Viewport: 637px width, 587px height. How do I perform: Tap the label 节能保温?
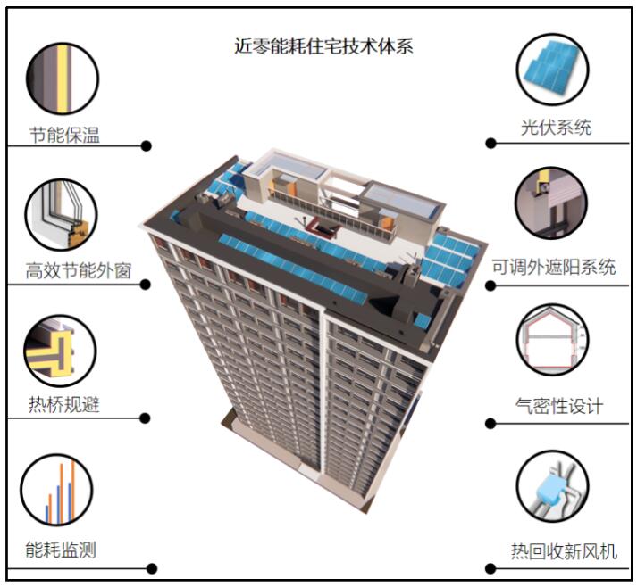pyautogui.click(x=63, y=136)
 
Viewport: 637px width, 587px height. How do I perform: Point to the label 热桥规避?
pyautogui.click(x=63, y=404)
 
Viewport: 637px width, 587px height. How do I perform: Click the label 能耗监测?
pyautogui.click(x=61, y=550)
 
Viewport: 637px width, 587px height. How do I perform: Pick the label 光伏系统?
pyautogui.click(x=557, y=127)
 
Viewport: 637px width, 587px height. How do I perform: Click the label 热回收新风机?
pyautogui.click(x=564, y=550)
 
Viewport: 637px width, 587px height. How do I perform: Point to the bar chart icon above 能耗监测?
pyautogui.click(x=59, y=492)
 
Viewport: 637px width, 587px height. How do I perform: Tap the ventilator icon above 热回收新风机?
pyautogui.click(x=552, y=486)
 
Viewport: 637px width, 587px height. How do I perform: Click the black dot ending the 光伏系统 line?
pyautogui.click(x=490, y=143)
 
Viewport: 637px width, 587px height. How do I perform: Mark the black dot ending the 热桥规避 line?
pyautogui.click(x=146, y=418)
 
